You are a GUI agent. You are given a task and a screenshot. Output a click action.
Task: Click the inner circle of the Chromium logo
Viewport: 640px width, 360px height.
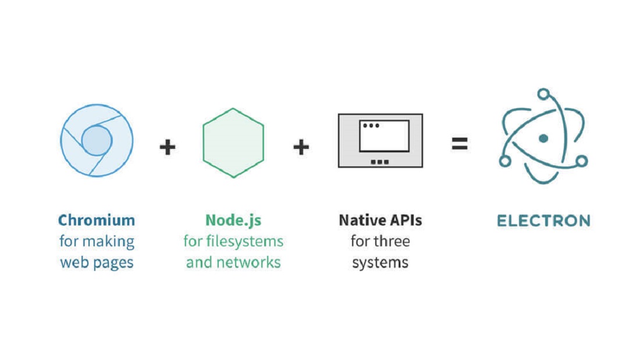click(97, 140)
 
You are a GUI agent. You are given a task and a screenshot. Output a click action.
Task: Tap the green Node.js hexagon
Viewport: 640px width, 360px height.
click(233, 143)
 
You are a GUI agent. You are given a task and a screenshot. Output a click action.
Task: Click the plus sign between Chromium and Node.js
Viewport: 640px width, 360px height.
click(168, 147)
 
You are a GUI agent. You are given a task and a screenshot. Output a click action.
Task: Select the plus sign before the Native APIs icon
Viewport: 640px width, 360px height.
click(301, 147)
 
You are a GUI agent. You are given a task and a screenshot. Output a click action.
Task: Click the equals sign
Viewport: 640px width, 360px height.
click(460, 144)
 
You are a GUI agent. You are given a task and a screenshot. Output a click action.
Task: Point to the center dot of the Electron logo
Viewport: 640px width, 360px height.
click(543, 138)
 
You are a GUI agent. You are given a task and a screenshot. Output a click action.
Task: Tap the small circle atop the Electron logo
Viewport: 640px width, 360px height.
click(543, 94)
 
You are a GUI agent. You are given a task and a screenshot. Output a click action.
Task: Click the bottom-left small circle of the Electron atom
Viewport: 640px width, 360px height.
click(505, 161)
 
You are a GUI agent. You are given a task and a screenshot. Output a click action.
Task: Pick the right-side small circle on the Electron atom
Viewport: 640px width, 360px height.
click(582, 161)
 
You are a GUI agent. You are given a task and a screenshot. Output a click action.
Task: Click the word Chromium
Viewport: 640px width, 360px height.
click(97, 220)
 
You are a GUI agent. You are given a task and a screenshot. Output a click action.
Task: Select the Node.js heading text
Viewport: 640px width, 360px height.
click(233, 221)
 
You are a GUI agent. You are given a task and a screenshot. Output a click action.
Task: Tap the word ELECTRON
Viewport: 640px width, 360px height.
click(543, 221)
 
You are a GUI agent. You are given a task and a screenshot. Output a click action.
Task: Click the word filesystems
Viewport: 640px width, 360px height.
click(244, 241)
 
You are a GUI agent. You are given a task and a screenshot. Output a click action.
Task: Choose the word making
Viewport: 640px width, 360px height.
click(108, 241)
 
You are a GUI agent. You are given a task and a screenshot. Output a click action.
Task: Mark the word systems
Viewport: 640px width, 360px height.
click(381, 263)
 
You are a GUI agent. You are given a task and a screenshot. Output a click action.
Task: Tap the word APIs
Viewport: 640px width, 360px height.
click(406, 220)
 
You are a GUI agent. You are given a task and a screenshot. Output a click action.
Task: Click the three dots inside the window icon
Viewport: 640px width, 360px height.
click(371, 126)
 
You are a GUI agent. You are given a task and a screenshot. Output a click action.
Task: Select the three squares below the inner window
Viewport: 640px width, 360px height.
click(379, 162)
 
